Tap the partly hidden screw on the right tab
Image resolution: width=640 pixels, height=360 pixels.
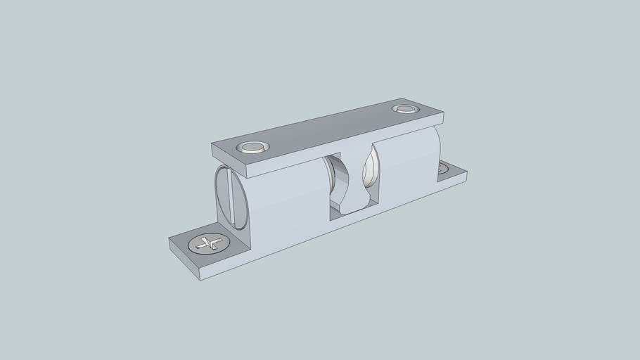pos(443,169)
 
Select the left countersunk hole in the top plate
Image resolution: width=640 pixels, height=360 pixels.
pos(253,148)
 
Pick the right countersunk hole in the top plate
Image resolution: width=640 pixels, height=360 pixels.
pos(405,109)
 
